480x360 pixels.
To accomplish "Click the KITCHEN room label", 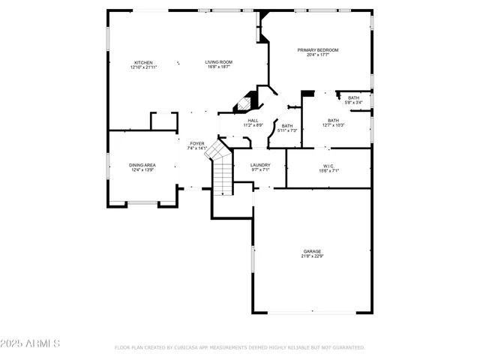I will coord(143,62).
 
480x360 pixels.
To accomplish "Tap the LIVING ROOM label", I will coord(219,62).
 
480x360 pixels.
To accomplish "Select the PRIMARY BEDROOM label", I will coord(317,50).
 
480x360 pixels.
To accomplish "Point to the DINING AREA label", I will coord(142,165).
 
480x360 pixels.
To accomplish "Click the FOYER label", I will coord(196,143).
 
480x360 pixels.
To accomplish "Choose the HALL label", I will coord(253,120).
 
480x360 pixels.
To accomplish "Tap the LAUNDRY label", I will coord(260,165).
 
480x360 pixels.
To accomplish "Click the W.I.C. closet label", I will coord(328,166).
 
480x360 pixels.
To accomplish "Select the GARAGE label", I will coord(312,251).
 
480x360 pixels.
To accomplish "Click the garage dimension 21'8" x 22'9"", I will coord(312,256).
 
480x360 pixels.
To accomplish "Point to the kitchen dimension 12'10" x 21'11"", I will coord(143,67).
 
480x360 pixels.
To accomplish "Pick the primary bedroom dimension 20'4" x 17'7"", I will coord(317,55).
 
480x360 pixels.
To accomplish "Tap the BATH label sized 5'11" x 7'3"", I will coord(287,126).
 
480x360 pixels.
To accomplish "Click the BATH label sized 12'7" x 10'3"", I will coord(333,121).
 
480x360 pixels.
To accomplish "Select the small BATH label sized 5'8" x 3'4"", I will coord(353,98).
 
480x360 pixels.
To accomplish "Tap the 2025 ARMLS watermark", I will coord(31,343).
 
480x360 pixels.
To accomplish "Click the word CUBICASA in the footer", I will coord(182,348).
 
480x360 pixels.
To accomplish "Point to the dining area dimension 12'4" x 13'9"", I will coord(142,170).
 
